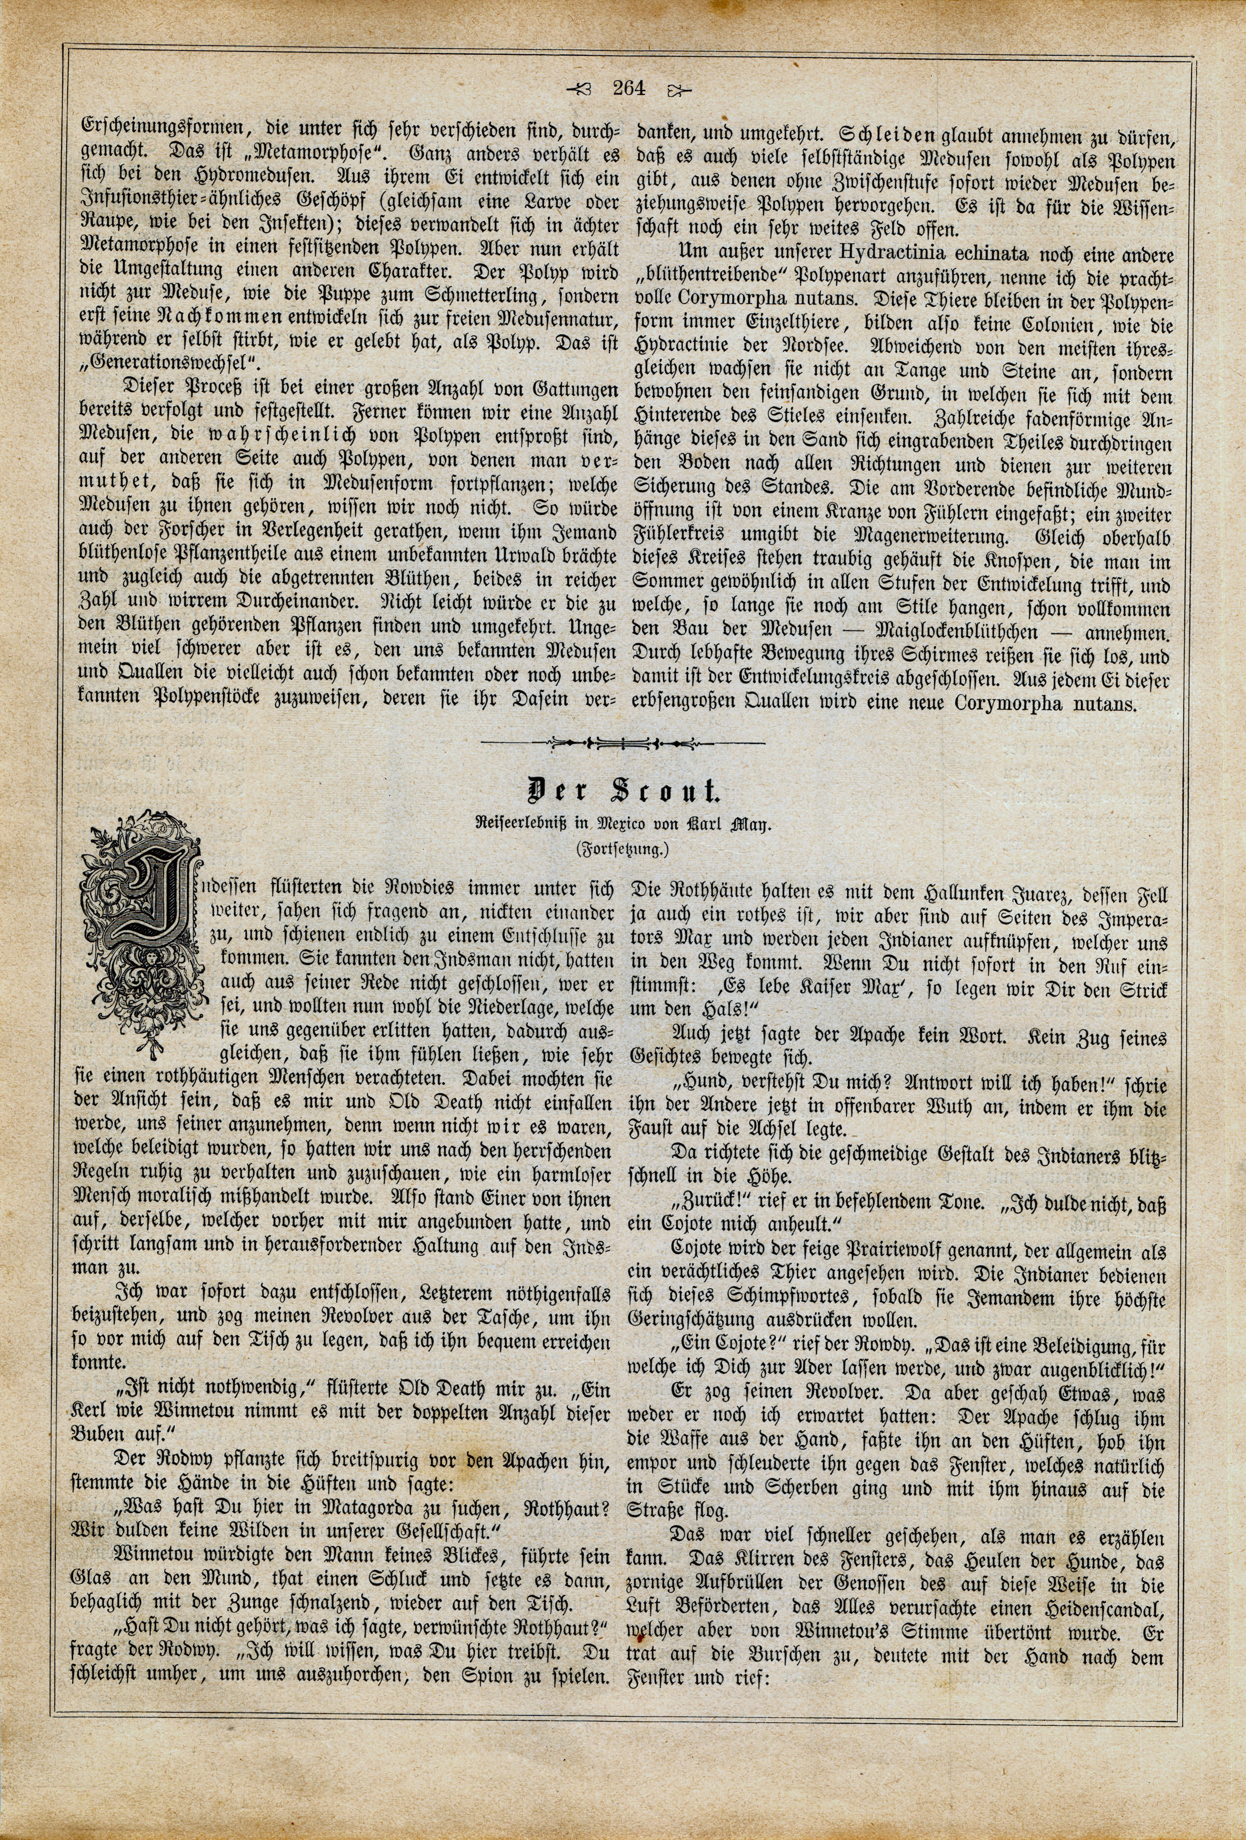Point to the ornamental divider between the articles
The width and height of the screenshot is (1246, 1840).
pyautogui.click(x=623, y=743)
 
